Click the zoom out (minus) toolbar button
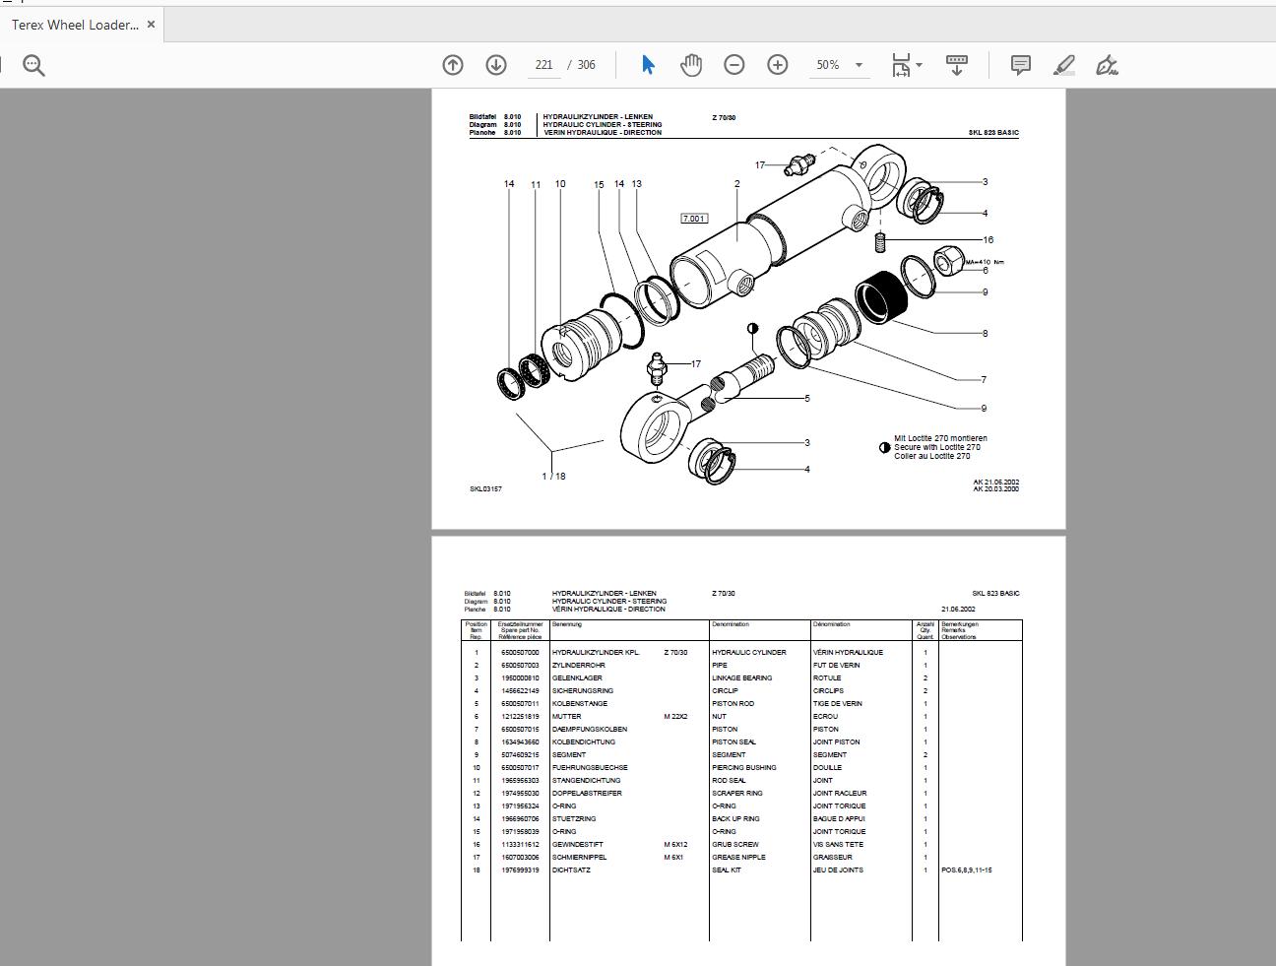(x=734, y=65)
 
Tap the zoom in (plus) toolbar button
(x=778, y=65)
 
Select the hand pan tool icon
(x=691, y=65)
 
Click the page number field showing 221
(x=543, y=65)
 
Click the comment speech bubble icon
(x=1021, y=65)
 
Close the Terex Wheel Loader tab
(x=151, y=25)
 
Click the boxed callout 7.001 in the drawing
(x=694, y=219)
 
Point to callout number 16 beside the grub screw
(x=988, y=239)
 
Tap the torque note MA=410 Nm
(x=985, y=262)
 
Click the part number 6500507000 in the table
(x=520, y=653)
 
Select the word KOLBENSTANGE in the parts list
(x=580, y=704)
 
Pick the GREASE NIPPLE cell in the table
(x=737, y=858)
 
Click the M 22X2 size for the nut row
(x=675, y=717)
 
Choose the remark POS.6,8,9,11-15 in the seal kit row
(x=967, y=870)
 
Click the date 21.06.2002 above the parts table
(x=958, y=610)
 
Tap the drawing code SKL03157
(x=485, y=489)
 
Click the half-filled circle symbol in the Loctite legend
(x=884, y=448)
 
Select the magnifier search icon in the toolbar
(x=34, y=66)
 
